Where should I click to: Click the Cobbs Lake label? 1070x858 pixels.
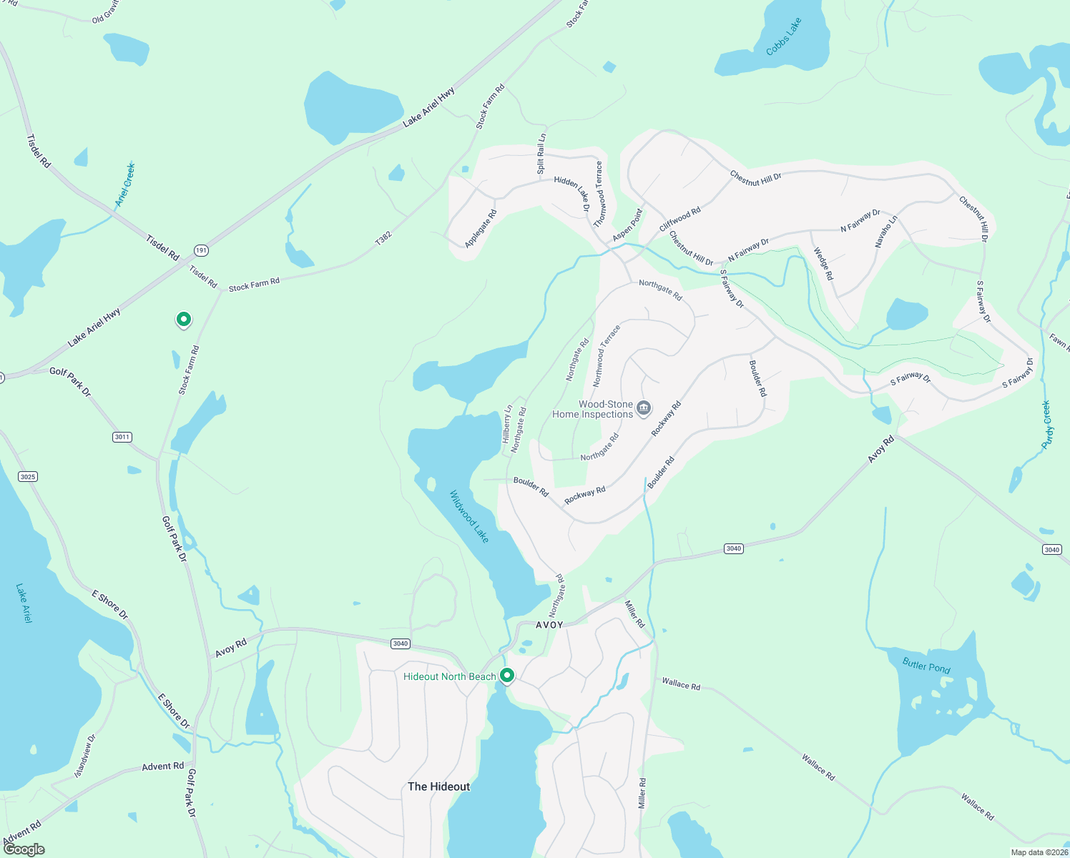coord(784,36)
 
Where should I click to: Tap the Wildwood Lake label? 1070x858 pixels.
coord(469,516)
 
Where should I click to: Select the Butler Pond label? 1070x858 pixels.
coord(926,666)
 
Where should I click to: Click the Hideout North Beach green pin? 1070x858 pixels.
coord(507,675)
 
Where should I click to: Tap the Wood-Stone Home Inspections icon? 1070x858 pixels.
coord(644,408)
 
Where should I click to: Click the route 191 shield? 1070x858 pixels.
coord(201,250)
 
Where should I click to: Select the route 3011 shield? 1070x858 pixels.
coord(122,437)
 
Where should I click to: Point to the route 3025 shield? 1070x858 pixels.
coord(28,476)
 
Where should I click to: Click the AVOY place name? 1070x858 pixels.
coord(549,625)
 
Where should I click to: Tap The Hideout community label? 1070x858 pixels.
coord(438,786)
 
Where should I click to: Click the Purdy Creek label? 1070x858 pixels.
coord(1047,425)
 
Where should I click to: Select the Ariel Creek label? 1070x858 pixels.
coord(125,184)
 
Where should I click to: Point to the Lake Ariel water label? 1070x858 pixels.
coord(24,603)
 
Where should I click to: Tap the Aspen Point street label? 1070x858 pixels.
coord(628,225)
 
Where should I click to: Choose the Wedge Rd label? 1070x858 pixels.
coord(823,264)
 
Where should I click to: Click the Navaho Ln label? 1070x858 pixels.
coord(885,232)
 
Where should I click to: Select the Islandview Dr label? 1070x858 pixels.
coord(85,756)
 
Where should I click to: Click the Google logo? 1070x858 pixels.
coord(24,849)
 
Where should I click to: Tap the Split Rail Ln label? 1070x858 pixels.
coord(541,154)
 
